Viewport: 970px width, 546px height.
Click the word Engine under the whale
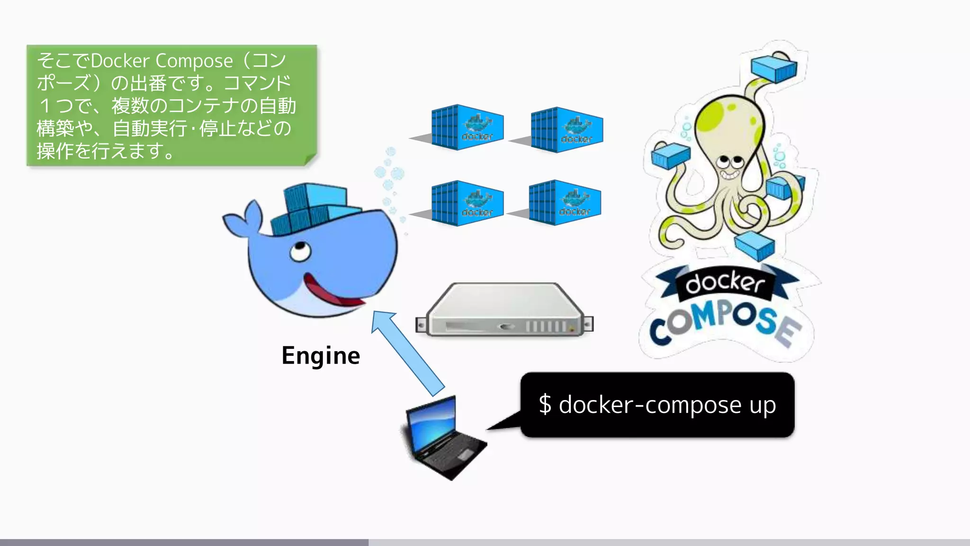[x=321, y=356]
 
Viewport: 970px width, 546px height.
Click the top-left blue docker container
[x=467, y=127]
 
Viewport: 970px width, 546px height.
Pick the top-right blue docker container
[x=566, y=129]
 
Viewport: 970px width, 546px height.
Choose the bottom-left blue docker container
[x=467, y=203]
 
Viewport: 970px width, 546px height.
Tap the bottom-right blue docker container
[x=564, y=202]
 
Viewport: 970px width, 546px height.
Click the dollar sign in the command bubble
[x=545, y=405]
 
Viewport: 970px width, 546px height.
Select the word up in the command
[x=763, y=406]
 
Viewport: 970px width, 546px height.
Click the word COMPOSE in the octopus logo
[x=725, y=322]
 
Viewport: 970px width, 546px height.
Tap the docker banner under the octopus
[x=725, y=283]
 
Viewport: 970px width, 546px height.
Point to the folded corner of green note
[x=310, y=160]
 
